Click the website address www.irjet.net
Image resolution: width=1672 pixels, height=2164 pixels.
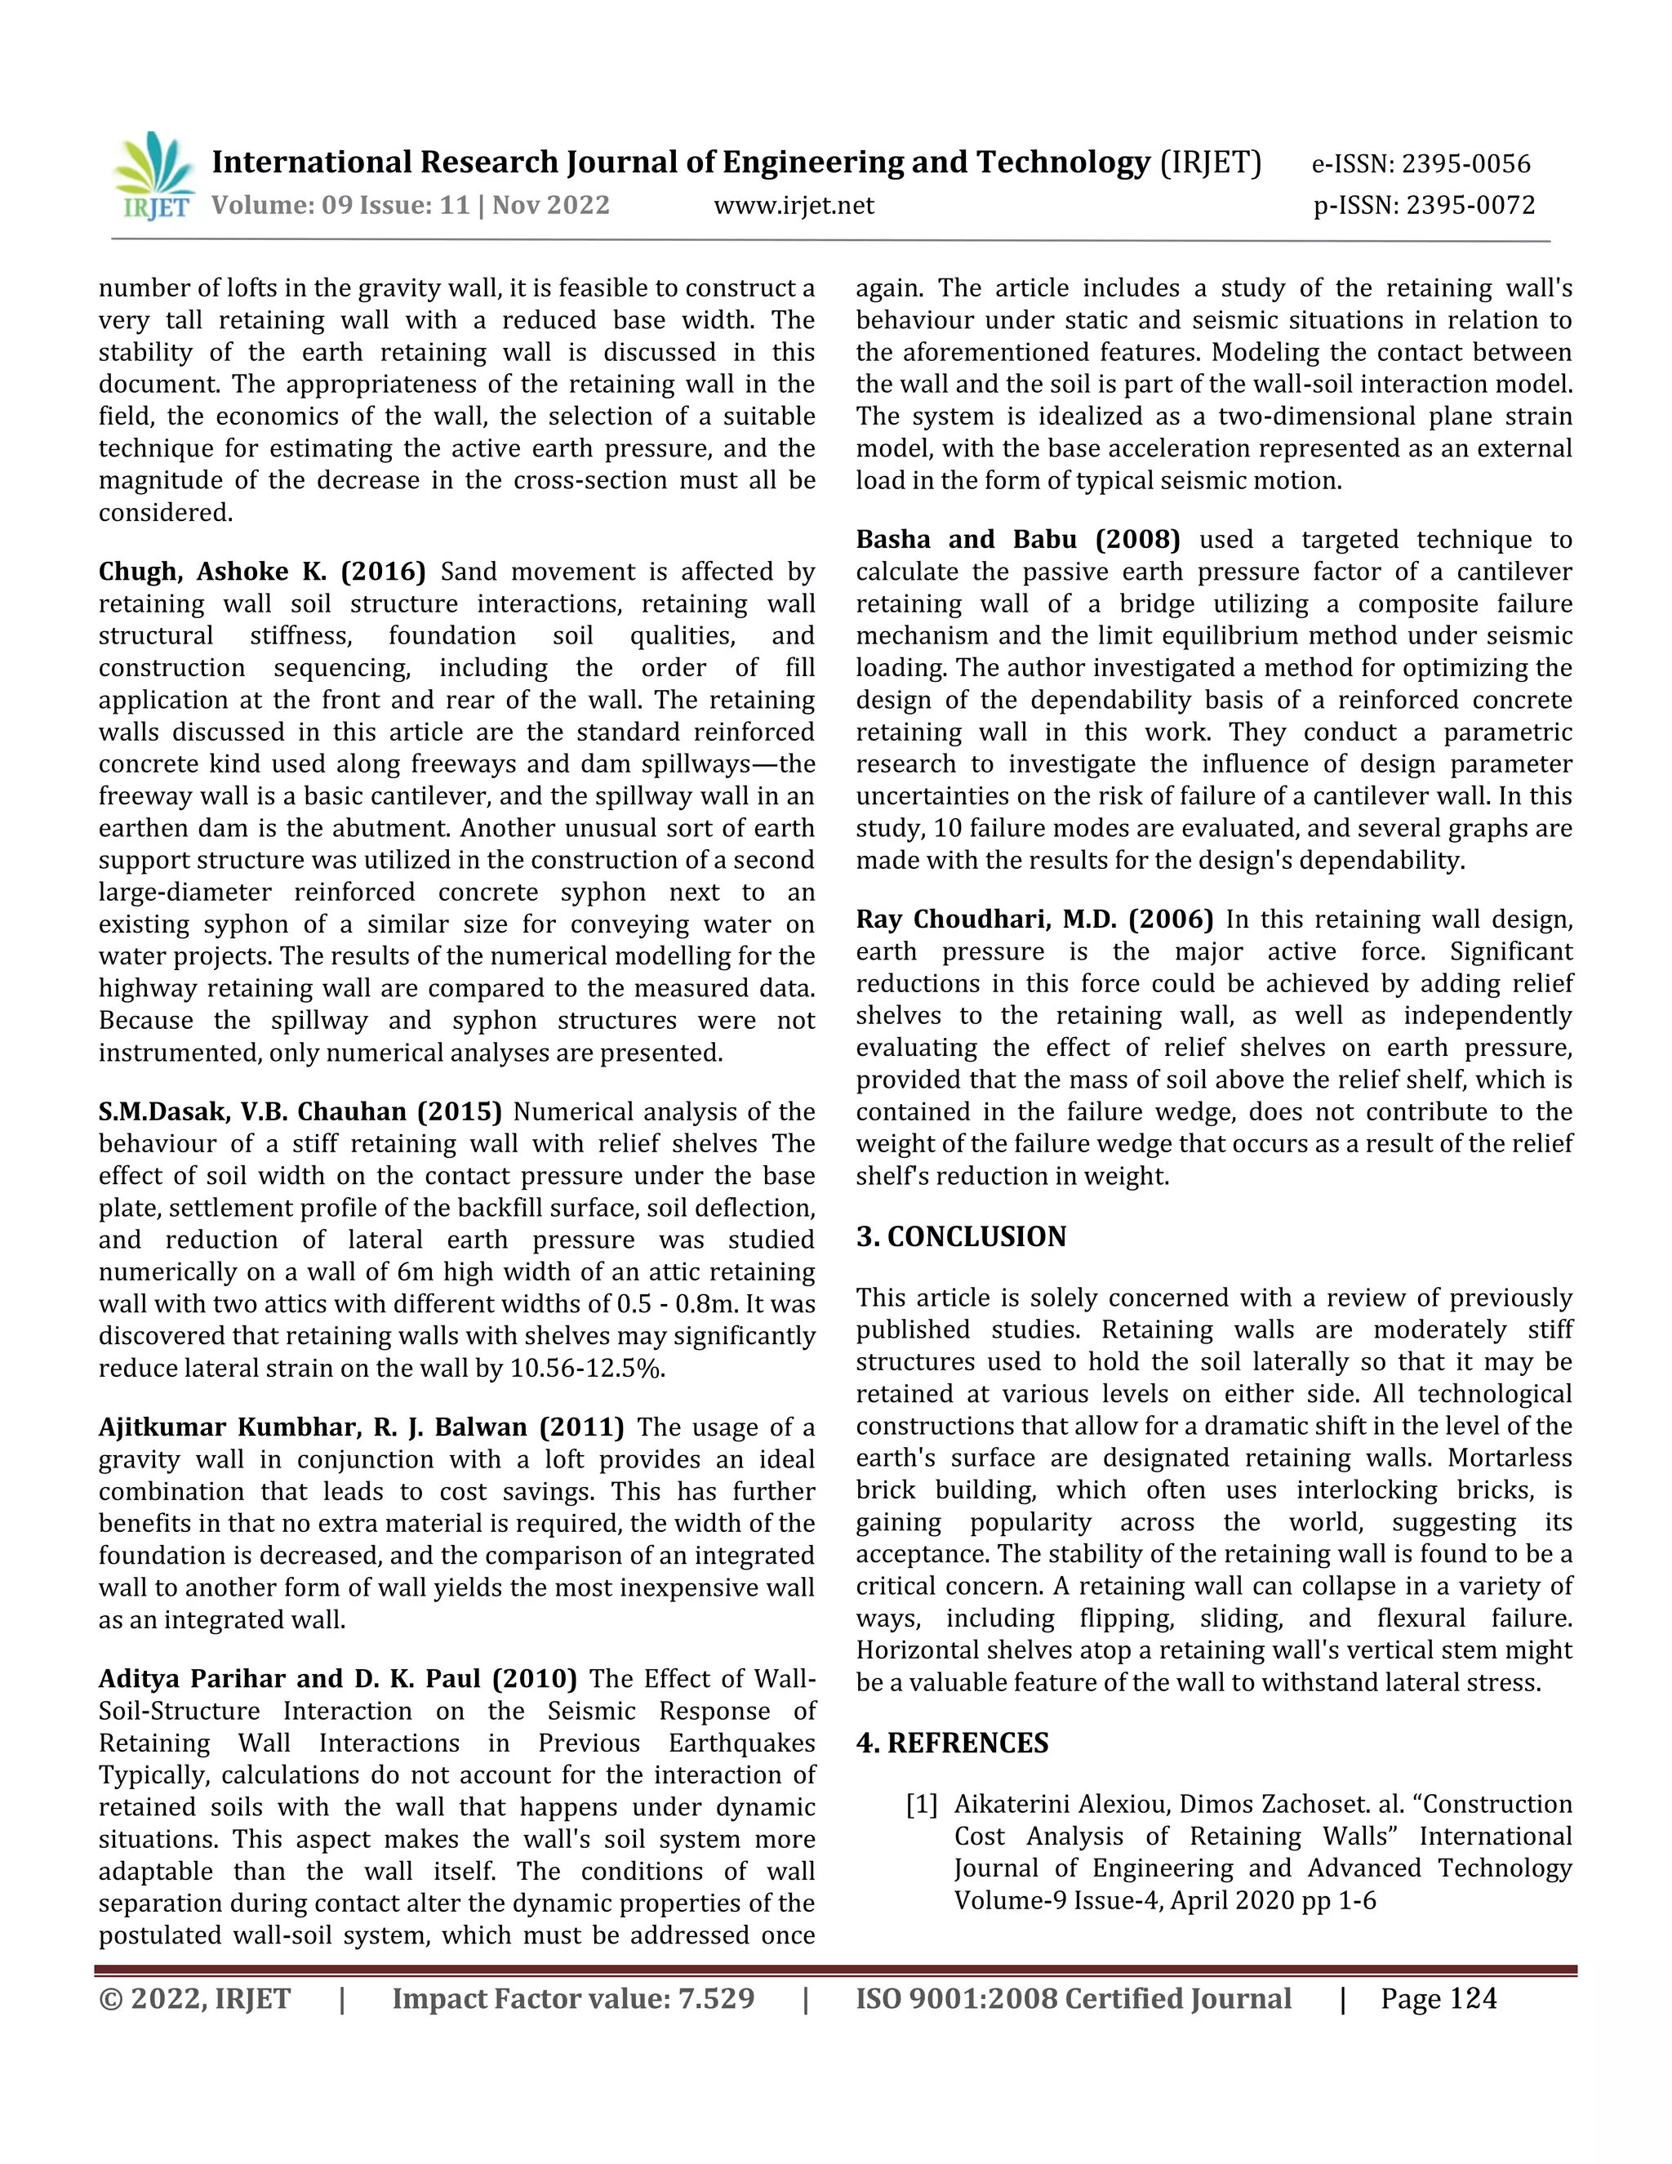click(794, 206)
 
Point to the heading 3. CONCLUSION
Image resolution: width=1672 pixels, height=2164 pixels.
click(961, 1236)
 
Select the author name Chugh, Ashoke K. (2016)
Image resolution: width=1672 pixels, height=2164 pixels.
click(261, 572)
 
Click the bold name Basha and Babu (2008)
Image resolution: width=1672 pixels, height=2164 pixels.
click(1017, 540)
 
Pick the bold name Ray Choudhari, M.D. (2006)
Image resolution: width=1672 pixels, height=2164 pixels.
click(1034, 919)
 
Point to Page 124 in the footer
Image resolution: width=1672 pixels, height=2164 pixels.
click(1439, 1998)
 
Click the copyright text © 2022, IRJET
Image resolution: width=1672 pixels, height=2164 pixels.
click(195, 1998)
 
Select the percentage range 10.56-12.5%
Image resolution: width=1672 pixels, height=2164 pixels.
click(586, 1369)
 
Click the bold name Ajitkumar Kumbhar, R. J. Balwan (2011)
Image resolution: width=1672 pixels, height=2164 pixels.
click(361, 1427)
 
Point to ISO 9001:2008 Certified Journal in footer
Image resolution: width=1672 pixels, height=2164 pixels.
click(1073, 1998)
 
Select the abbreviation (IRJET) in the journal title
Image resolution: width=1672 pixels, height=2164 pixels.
click(1211, 163)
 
